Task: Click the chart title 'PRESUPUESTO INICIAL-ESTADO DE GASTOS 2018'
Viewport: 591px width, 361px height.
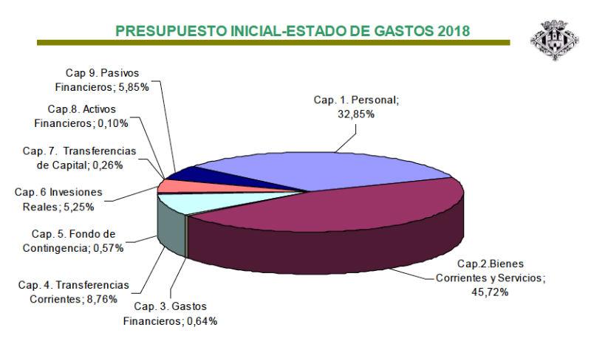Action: [293, 30]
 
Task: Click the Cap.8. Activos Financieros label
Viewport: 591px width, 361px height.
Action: [86, 116]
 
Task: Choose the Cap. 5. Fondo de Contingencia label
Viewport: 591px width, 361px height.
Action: [72, 241]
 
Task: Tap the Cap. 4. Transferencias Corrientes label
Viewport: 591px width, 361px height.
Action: [73, 291]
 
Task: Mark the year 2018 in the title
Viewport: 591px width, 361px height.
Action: [452, 30]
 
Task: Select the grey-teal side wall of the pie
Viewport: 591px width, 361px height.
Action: [171, 230]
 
